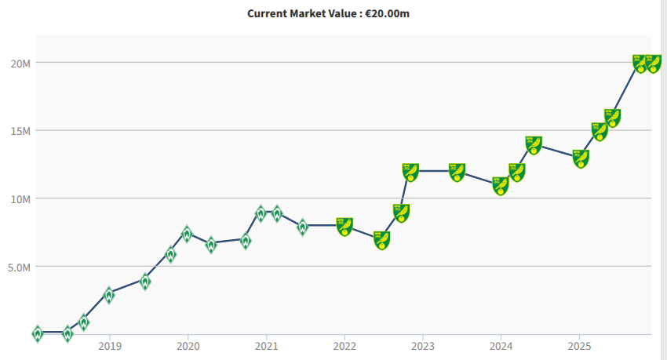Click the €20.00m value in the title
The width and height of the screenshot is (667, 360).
(x=387, y=13)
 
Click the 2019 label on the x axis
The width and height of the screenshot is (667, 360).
(x=110, y=345)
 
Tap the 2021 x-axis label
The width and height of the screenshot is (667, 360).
(x=267, y=345)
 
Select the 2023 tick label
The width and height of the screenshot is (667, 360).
(x=423, y=345)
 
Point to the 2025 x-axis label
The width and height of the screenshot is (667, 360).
(x=579, y=345)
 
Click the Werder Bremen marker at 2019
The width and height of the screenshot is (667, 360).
(x=109, y=296)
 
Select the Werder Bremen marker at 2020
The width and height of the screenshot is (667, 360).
(x=187, y=234)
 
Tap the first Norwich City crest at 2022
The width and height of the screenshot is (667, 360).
(x=344, y=227)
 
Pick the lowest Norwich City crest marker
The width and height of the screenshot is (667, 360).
(x=382, y=241)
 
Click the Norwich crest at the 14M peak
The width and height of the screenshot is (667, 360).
(x=534, y=145)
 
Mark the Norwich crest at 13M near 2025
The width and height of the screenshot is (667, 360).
(x=581, y=158)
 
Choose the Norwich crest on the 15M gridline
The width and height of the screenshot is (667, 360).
(x=600, y=131)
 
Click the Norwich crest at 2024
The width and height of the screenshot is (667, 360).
(x=501, y=186)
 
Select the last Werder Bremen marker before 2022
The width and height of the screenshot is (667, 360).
(x=303, y=227)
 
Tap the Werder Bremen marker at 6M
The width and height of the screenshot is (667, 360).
(x=170, y=255)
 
